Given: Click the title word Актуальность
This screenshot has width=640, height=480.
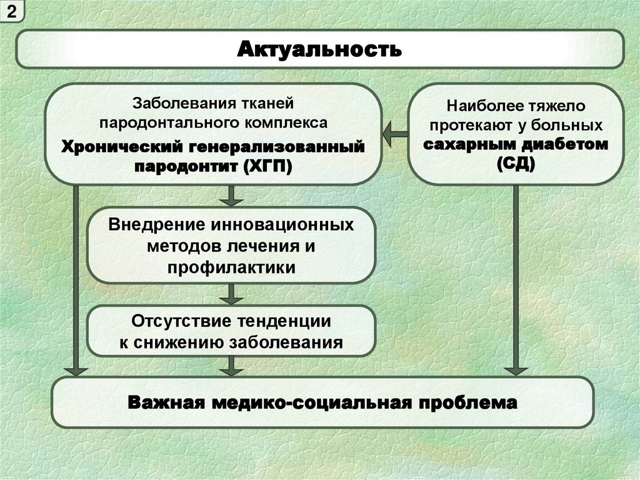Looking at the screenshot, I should point(319,49).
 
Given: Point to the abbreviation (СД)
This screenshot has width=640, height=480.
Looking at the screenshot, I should point(516,165).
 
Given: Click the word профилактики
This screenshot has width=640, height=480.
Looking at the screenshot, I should point(231,267).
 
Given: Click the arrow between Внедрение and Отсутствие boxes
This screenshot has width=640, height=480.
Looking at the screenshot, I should point(231,293).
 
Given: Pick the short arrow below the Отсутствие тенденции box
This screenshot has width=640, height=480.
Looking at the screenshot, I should point(231,365).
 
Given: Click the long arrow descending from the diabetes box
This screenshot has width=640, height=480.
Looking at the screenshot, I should point(516,282).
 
